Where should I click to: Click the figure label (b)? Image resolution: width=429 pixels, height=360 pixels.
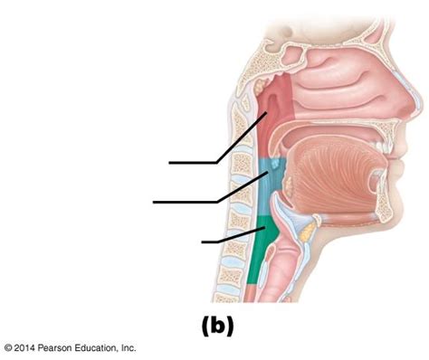[x=217, y=326]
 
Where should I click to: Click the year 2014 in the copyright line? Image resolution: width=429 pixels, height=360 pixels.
[x=24, y=347]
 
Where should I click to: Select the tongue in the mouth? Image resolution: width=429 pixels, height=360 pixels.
[x=332, y=178]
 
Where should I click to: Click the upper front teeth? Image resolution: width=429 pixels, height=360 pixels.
[x=382, y=147]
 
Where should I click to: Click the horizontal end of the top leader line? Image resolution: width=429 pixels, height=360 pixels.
[x=169, y=163]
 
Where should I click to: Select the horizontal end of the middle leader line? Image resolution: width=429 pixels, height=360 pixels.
[x=154, y=202]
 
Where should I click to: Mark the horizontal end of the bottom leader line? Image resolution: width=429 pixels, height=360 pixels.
[x=202, y=242]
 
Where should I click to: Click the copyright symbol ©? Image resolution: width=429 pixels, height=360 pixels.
[x=8, y=348]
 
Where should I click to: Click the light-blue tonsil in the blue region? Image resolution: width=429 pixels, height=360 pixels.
[x=275, y=164]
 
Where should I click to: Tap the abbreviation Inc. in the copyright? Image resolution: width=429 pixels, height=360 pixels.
[x=129, y=347]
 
